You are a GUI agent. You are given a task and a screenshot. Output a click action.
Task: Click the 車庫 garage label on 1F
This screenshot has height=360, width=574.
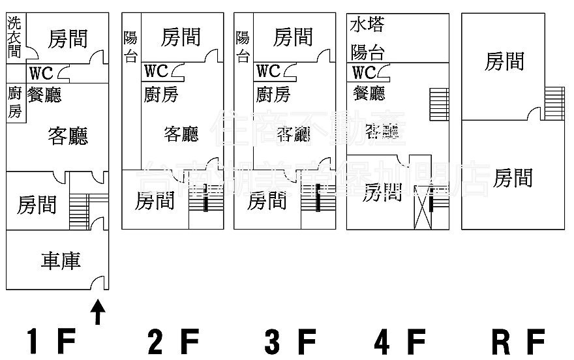click(x=61, y=262)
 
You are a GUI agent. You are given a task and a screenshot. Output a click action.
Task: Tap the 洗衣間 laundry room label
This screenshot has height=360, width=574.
click(x=14, y=37)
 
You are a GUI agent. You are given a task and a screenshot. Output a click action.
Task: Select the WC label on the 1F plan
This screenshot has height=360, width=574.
click(x=40, y=72)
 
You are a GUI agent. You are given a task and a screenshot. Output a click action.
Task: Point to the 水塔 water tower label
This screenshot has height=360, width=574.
click(x=367, y=25)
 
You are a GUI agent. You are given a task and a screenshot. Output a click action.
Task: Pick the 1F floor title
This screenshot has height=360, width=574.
click(x=52, y=340)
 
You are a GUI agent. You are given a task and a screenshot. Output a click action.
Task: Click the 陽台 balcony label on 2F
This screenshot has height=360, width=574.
click(x=130, y=46)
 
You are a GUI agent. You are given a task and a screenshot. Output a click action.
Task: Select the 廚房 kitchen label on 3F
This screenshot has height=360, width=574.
click(x=273, y=94)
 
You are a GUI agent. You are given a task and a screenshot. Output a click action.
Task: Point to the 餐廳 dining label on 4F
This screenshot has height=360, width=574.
click(x=369, y=93)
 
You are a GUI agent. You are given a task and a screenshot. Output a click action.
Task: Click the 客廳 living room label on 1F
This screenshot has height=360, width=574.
click(x=68, y=136)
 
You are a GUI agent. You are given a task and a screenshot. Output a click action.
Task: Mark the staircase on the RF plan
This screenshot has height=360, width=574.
click(x=554, y=103)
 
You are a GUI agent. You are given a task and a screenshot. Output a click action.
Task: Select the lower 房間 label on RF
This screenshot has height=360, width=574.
click(x=512, y=177)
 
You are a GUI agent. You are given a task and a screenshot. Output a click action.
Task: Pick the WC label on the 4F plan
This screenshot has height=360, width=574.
click(x=365, y=71)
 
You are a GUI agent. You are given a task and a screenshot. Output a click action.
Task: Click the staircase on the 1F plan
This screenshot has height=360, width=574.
click(x=79, y=210)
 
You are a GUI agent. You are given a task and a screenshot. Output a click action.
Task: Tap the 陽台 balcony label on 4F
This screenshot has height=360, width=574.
click(x=367, y=51)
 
